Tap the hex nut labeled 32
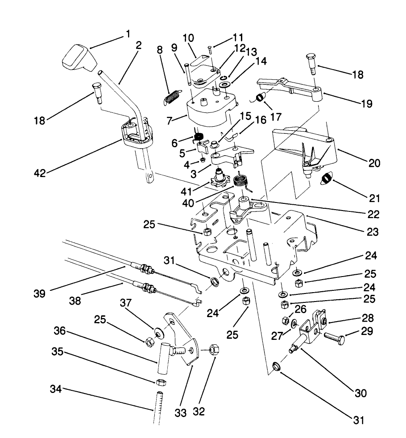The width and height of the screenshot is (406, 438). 213,350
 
